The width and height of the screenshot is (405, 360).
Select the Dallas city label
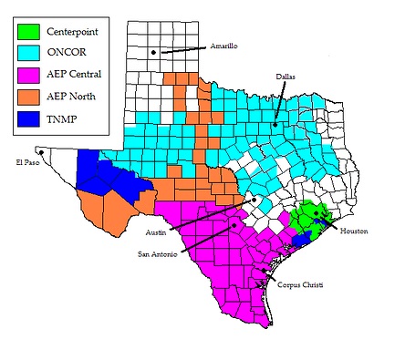tap(286, 77)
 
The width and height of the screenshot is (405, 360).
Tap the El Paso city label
tap(30, 163)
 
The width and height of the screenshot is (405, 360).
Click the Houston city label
tap(355, 231)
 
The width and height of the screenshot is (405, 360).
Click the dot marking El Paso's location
tap(40, 151)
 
